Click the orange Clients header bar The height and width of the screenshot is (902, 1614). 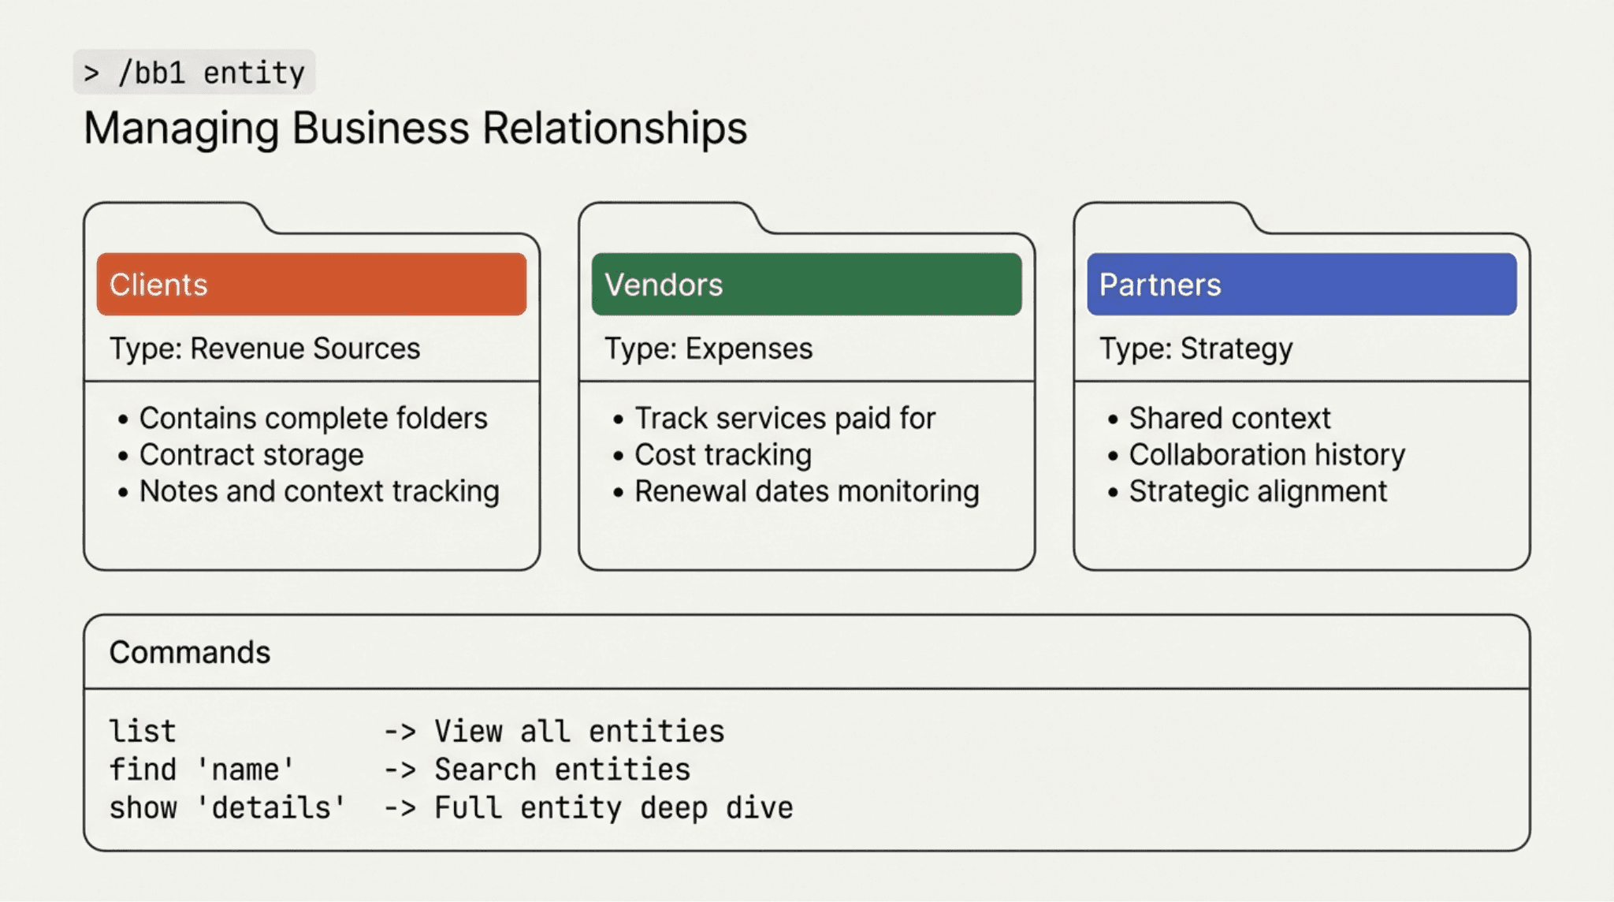point(311,284)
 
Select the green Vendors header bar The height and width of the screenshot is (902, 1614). point(806,284)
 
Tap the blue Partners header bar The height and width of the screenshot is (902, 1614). point(1301,284)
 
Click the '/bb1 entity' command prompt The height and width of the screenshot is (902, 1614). point(195,73)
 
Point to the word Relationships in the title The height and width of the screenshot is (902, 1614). point(615,129)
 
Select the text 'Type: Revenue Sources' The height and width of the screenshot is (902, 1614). point(265,348)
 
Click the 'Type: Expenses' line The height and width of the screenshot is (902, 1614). point(708,348)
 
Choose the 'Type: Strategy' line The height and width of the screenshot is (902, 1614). point(1196,348)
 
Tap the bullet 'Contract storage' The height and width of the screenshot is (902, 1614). point(251,455)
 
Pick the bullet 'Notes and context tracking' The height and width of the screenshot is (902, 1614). point(319,491)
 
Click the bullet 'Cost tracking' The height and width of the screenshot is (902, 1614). point(723,455)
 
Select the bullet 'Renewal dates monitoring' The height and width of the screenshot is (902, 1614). point(806,491)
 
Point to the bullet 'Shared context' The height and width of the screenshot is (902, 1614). point(1229,418)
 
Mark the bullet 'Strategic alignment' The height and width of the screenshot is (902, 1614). point(1258,491)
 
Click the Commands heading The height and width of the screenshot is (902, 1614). point(190,652)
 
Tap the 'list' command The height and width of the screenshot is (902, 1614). point(143,732)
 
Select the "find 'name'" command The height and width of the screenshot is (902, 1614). point(202,770)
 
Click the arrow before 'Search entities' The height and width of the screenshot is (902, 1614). point(400,770)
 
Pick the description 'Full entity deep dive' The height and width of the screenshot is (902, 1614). point(613,808)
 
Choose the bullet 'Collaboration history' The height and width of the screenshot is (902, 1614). point(1266,455)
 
